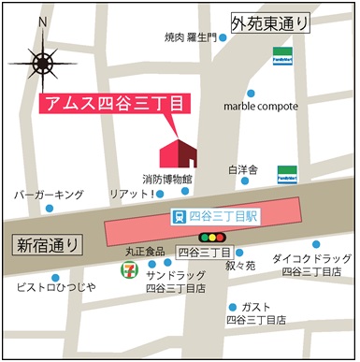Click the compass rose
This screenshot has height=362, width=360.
click(x=43, y=63)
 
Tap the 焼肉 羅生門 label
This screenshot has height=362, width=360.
click(x=190, y=38)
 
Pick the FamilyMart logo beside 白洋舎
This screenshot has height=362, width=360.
click(x=287, y=174)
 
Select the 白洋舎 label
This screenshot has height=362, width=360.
click(x=242, y=170)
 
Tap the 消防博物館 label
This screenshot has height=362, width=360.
click(x=167, y=178)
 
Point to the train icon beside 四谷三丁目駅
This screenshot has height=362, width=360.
click(x=179, y=216)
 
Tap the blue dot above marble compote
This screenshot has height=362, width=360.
click(x=251, y=94)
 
